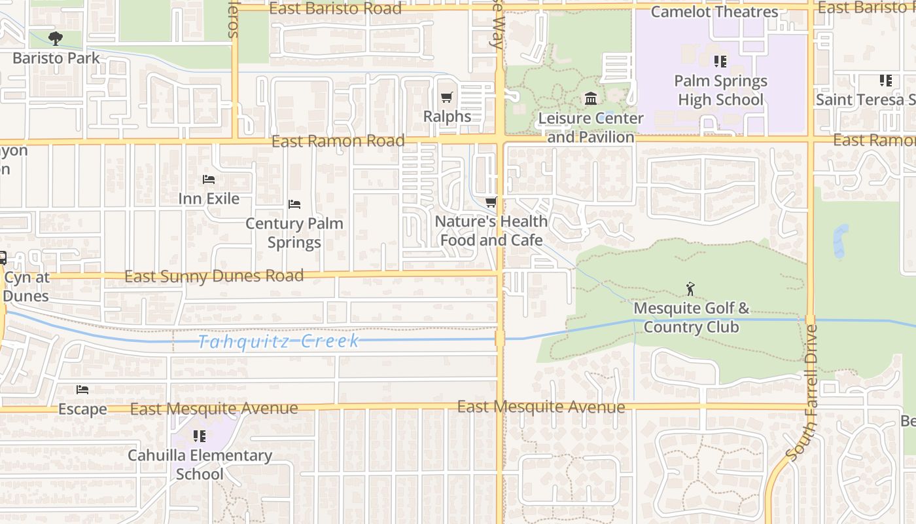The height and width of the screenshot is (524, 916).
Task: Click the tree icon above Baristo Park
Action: point(56,38)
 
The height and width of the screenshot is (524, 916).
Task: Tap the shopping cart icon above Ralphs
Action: point(447,98)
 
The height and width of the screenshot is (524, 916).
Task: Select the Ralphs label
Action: point(447,117)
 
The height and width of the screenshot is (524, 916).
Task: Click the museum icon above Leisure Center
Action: point(591,99)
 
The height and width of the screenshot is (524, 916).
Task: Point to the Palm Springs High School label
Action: point(720,90)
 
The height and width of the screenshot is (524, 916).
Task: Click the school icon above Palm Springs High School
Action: point(720,62)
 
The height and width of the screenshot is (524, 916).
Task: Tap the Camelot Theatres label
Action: point(714,12)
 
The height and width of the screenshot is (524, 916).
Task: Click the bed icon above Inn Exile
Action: point(209,179)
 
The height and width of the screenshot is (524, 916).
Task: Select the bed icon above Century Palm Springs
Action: point(294,204)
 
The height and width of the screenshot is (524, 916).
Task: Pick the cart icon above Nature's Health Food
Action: point(491,202)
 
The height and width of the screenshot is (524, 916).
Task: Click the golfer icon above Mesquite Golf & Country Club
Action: point(690,288)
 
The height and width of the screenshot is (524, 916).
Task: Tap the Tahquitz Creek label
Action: point(279,341)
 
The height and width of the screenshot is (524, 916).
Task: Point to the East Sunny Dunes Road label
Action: point(214,276)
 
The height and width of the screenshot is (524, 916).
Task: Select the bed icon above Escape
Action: point(82,390)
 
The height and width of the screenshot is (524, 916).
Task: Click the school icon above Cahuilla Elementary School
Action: point(200,436)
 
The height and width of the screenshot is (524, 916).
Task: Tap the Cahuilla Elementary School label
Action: point(200,464)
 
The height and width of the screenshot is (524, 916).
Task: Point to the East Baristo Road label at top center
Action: point(336,9)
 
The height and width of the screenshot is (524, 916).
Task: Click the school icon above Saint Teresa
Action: point(886,81)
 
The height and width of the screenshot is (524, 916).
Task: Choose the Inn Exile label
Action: point(209,198)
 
